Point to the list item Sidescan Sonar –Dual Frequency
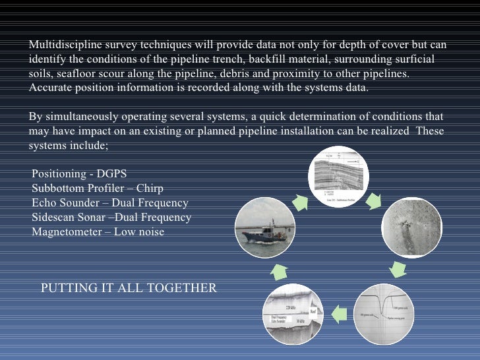pos(111,217)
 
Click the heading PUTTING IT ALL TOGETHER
pos(129,288)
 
